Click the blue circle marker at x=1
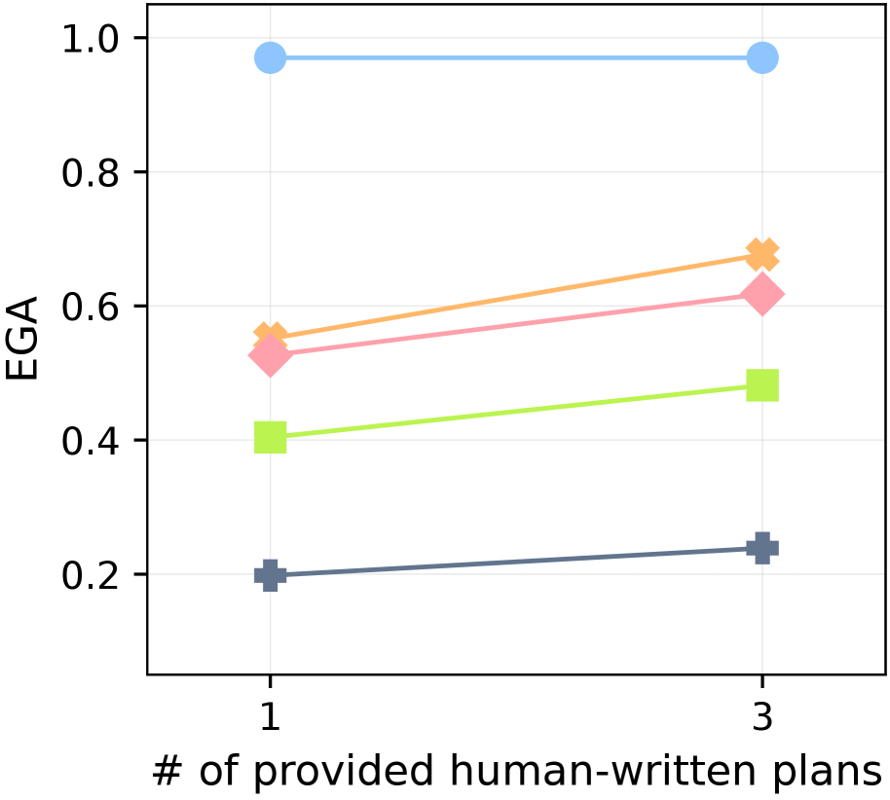[x=270, y=58]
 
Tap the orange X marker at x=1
[x=270, y=339]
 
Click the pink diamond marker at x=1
[x=270, y=356]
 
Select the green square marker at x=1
[x=270, y=438]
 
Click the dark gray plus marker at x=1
[x=270, y=575]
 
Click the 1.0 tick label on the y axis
[x=93, y=38]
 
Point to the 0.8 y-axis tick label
[x=93, y=172]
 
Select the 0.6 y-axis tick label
[x=93, y=307]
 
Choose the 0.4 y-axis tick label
[x=93, y=441]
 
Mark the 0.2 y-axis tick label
[x=93, y=575]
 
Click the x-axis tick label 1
[x=270, y=718]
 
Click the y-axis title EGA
[x=23, y=340]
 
